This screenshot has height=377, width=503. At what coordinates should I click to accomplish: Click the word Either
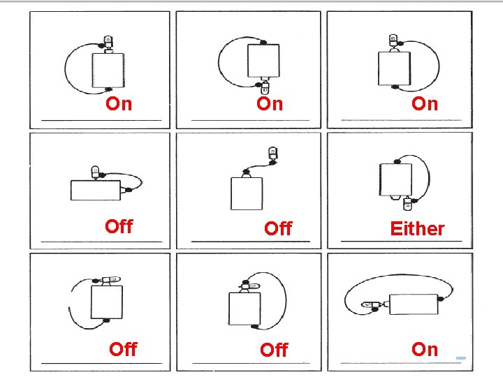point(417,228)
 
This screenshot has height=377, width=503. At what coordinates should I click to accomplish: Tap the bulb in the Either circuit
point(407,204)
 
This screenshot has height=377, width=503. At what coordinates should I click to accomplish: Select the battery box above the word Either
point(395,179)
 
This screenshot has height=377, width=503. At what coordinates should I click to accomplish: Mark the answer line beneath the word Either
point(401,241)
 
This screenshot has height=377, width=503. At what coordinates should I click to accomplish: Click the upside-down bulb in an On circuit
point(265,87)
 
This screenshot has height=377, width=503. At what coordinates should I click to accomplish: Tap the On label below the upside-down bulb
point(270,104)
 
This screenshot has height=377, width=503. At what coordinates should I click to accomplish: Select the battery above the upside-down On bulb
point(263,61)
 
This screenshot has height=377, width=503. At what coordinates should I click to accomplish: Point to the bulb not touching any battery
point(272,154)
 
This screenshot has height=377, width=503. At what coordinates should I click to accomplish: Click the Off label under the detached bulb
point(279,228)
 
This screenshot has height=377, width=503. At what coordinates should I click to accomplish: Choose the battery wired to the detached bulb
point(247,193)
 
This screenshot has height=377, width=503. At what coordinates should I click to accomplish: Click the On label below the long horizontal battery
point(425,349)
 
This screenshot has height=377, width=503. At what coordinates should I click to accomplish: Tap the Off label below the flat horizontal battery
point(119,226)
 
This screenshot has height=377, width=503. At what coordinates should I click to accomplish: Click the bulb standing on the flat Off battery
point(95,172)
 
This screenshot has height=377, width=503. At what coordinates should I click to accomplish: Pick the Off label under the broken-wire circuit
point(123,349)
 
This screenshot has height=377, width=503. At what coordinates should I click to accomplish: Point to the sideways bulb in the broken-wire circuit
point(110,280)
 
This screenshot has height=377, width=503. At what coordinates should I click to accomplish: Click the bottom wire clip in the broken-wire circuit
point(106,320)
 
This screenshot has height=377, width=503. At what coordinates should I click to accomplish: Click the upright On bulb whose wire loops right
point(393,40)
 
